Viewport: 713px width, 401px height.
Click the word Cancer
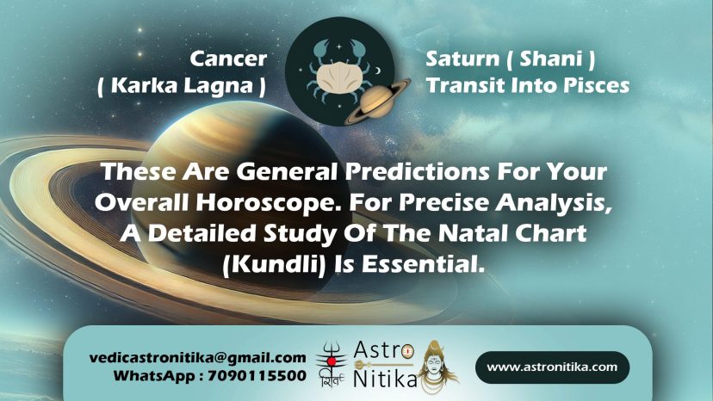pos(228,59)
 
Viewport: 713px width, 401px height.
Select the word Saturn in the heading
pos(462,59)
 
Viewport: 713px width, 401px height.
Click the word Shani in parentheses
pos(550,59)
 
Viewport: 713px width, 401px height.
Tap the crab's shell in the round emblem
pos(338,76)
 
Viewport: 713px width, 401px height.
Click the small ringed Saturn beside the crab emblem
pos(377,102)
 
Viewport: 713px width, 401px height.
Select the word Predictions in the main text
pos(417,171)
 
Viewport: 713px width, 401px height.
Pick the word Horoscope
pos(269,202)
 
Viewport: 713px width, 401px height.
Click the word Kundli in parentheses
pos(274,264)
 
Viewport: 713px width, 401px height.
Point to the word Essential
pos(423,264)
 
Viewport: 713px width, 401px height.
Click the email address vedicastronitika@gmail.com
pos(198,358)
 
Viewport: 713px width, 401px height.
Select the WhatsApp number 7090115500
pos(257,376)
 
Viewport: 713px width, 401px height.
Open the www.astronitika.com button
pos(552,367)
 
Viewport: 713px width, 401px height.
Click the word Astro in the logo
pos(384,350)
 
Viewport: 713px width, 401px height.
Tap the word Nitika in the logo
pos(385,379)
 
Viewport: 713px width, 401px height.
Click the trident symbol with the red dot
pos(332,359)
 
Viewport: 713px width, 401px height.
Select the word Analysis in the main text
pos(554,203)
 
